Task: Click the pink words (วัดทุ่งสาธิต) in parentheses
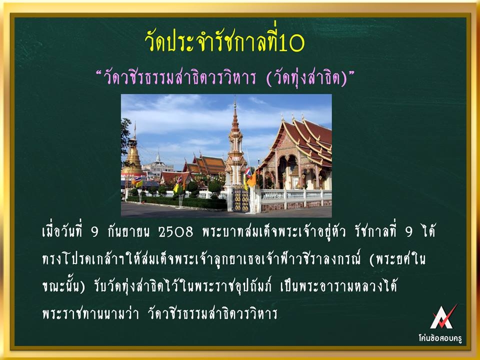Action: click(x=306, y=78)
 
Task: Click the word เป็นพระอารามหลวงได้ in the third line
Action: click(x=338, y=286)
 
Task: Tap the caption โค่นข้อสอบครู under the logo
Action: click(x=440, y=338)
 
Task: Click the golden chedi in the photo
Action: click(x=133, y=156)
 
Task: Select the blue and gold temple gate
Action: click(x=241, y=200)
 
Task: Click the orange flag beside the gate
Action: click(x=251, y=179)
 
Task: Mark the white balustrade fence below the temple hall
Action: click(x=295, y=196)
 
